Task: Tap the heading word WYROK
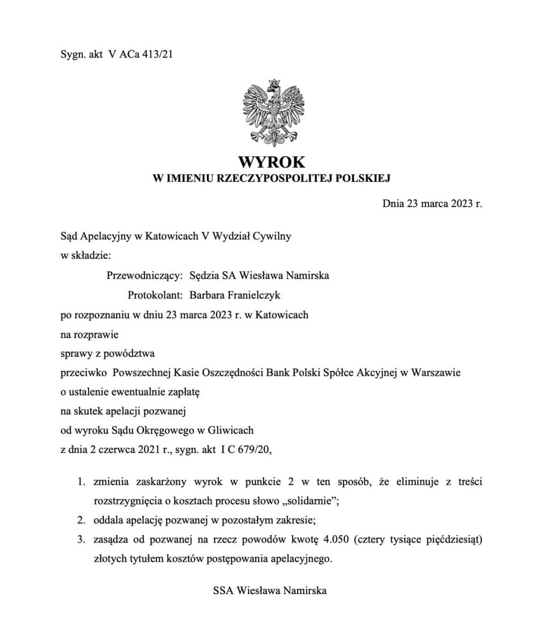pyautogui.click(x=271, y=162)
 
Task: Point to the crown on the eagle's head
pyautogui.click(x=275, y=83)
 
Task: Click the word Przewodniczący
pyautogui.click(x=145, y=275)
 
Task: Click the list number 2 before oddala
pyautogui.click(x=81, y=520)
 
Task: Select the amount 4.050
pyautogui.click(x=336, y=539)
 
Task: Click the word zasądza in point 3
pyautogui.click(x=109, y=539)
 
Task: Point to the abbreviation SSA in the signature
pyautogui.click(x=222, y=591)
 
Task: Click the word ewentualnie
pyautogui.click(x=140, y=392)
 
